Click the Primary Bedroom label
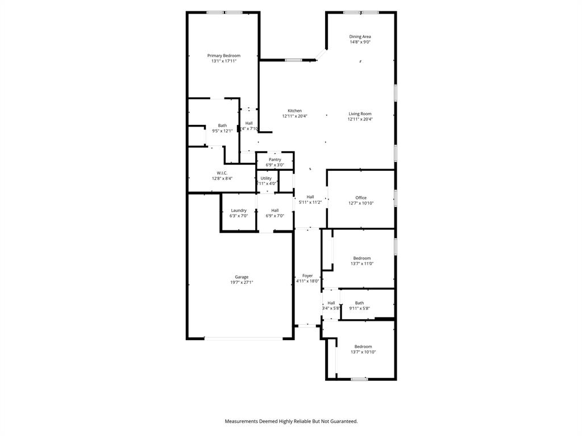coord(223,56)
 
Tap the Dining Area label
coord(360,37)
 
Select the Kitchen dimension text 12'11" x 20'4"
coord(294,116)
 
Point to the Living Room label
coord(360,114)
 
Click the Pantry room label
coord(275,160)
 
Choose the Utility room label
coord(266,178)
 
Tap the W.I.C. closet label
coord(222,173)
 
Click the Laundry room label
coord(239,210)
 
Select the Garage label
coord(242,277)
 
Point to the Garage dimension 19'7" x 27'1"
coord(242,282)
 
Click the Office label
coord(361,198)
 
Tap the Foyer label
coord(307,275)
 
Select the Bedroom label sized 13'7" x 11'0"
coord(361,258)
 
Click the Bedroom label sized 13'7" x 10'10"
coord(363,346)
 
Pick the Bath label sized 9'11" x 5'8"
coord(359,303)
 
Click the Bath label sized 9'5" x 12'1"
coord(222,125)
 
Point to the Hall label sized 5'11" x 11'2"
coord(310,197)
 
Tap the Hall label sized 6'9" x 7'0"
coord(275,210)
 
